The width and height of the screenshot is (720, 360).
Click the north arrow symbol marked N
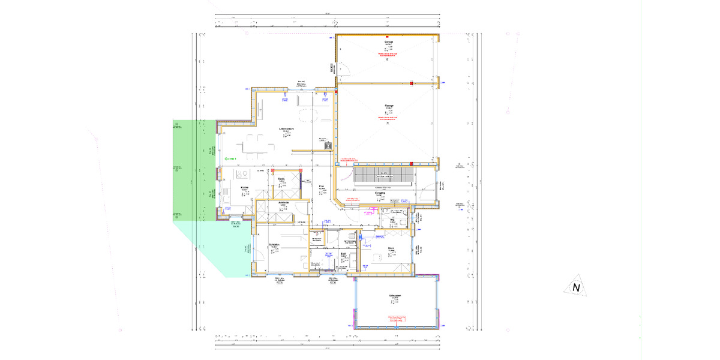click(x=576, y=287)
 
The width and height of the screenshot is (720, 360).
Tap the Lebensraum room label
click(x=286, y=129)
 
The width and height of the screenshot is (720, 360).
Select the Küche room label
click(x=245, y=188)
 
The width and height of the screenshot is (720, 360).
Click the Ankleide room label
click(x=284, y=203)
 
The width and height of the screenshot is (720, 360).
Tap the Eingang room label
click(x=379, y=193)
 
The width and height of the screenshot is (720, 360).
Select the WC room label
click(x=392, y=220)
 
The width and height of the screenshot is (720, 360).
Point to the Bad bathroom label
click(x=343, y=253)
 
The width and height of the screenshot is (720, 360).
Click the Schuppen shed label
click(x=394, y=296)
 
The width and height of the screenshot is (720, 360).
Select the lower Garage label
click(x=388, y=106)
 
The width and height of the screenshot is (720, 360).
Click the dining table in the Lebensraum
click(x=256, y=145)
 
